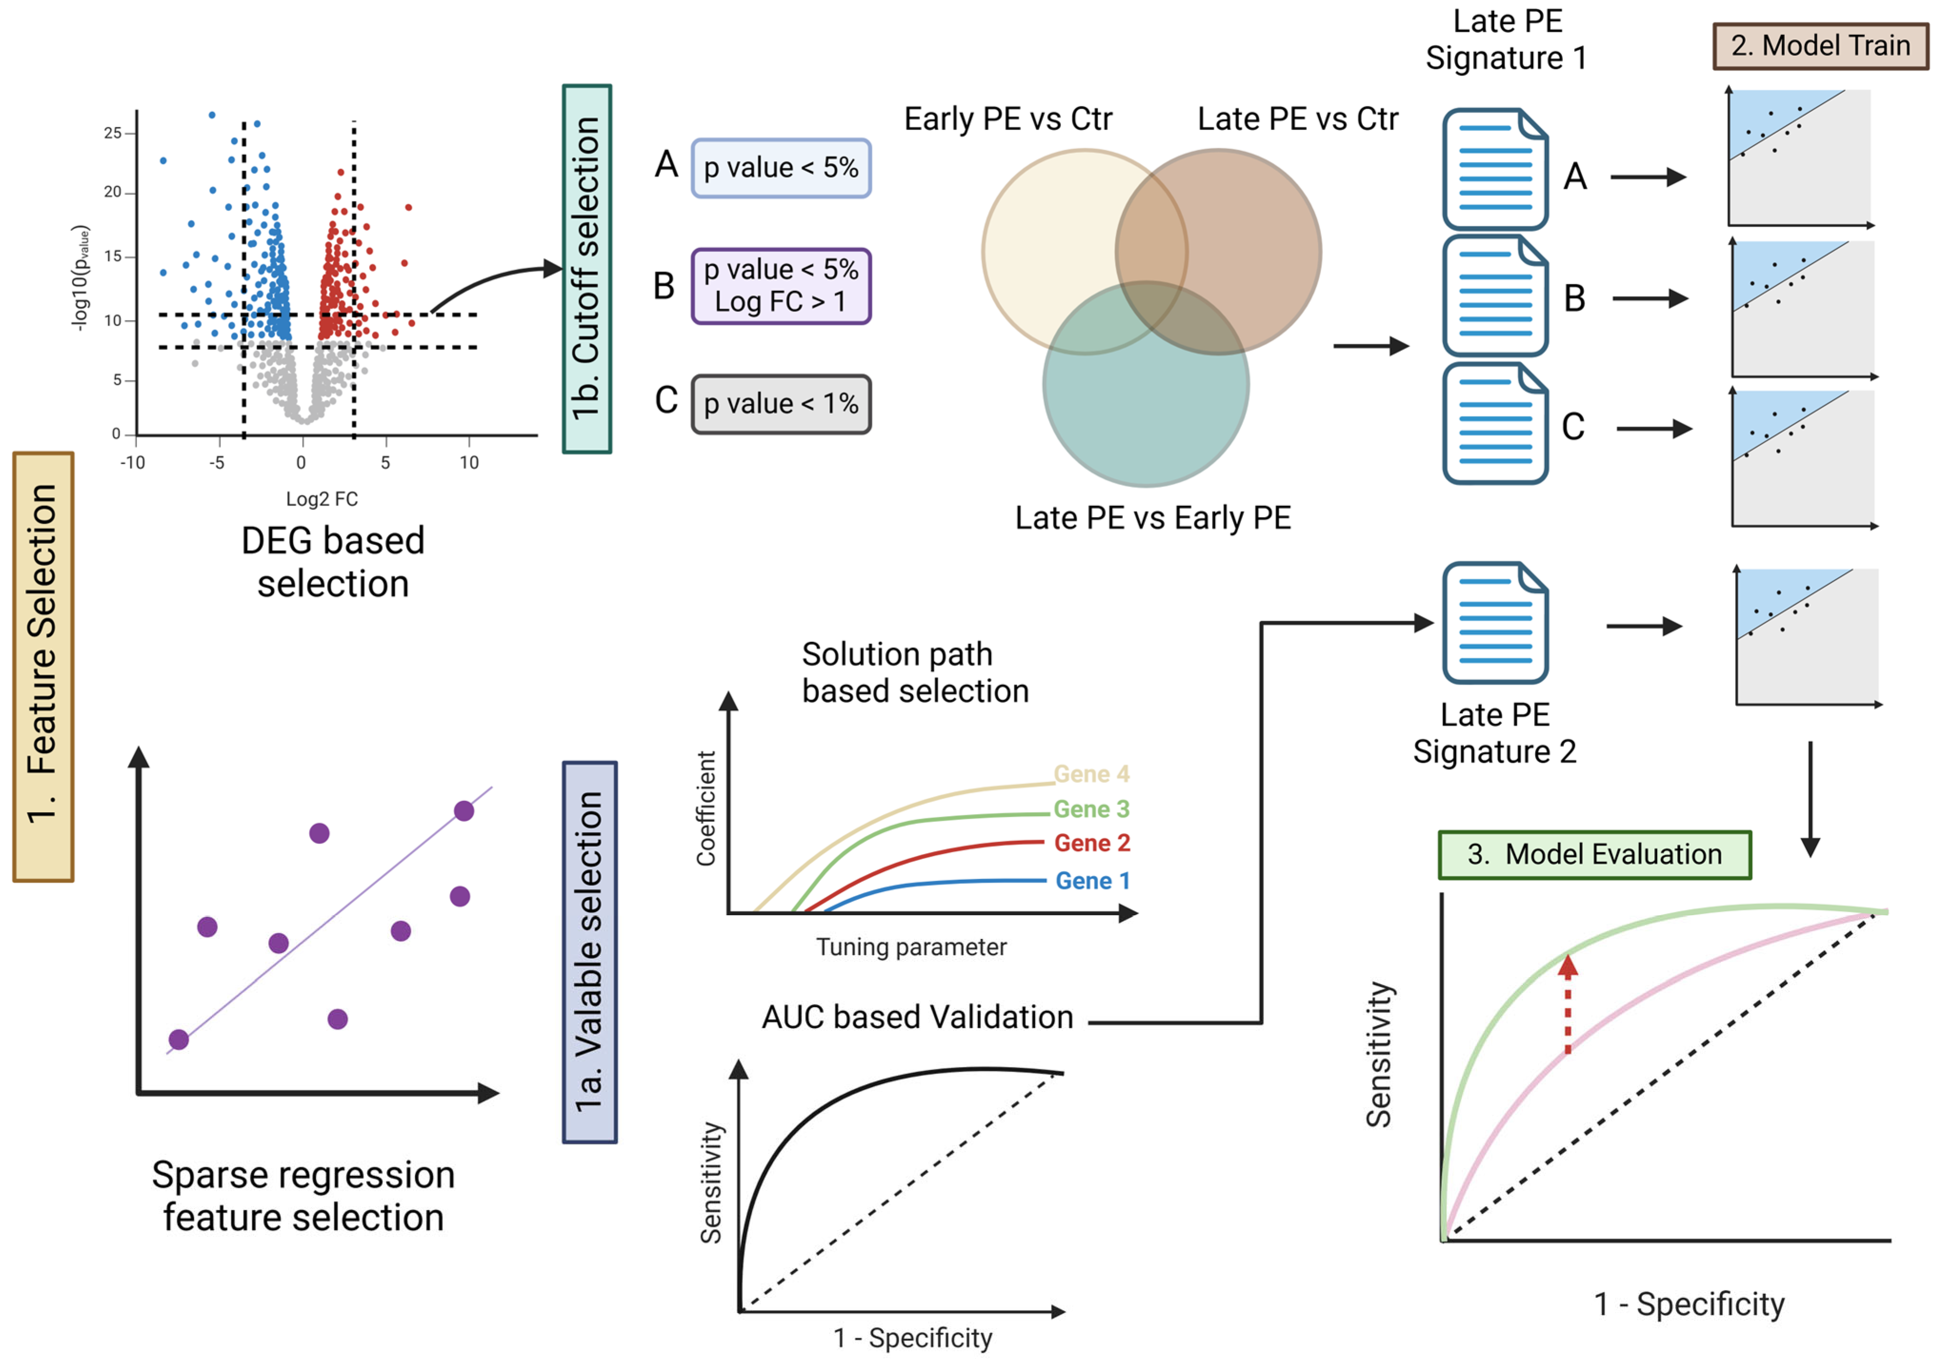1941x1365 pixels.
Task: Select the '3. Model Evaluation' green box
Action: click(x=1593, y=855)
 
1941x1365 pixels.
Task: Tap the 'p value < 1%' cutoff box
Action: click(x=780, y=404)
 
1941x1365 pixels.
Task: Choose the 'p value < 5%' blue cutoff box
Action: click(x=780, y=168)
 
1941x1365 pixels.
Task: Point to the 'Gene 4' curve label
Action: click(x=1091, y=774)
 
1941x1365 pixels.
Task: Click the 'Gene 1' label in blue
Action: click(x=1092, y=881)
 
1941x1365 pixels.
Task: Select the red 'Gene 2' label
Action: click(x=1091, y=843)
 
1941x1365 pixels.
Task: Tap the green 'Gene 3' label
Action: click(x=1091, y=809)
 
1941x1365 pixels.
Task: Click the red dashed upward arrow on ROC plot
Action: click(x=1567, y=1004)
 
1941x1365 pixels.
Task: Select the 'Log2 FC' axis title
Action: click(x=321, y=498)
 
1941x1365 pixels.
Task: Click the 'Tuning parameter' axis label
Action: click(x=910, y=947)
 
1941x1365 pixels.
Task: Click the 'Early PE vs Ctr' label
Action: click(x=1008, y=119)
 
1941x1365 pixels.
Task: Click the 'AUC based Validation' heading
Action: click(x=917, y=1017)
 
